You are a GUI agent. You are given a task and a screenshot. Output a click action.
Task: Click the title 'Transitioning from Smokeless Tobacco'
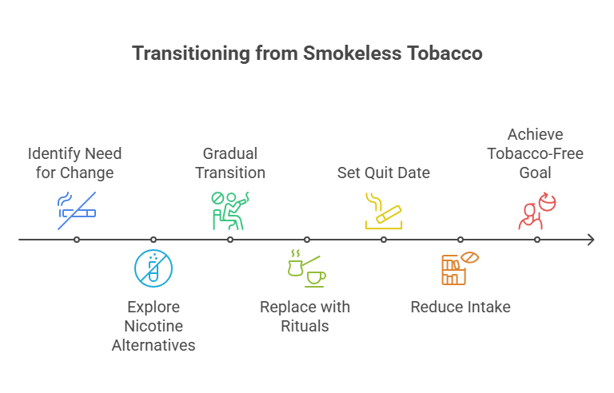[x=307, y=54]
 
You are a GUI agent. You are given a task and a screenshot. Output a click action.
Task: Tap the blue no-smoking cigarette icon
[x=77, y=210]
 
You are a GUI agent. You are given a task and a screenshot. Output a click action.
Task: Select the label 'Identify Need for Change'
[x=75, y=162]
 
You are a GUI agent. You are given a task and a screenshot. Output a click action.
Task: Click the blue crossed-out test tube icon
[x=153, y=268]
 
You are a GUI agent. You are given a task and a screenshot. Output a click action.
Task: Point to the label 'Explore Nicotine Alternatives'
[x=153, y=326]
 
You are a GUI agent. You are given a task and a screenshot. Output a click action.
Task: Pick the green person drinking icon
[x=229, y=210]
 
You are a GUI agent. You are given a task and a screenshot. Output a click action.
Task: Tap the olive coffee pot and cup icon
[x=306, y=269]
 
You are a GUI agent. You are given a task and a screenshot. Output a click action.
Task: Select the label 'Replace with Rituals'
[x=305, y=316]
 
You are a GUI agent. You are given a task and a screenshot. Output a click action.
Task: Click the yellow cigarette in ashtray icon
[x=383, y=211]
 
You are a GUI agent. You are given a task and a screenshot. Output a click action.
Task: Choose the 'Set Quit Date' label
[x=384, y=173]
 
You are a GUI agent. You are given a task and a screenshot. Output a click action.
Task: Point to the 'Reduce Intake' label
[x=460, y=307]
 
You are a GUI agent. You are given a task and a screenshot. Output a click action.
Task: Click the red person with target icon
[x=536, y=211]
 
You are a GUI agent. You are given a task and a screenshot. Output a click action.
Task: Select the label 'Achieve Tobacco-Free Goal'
[x=536, y=153]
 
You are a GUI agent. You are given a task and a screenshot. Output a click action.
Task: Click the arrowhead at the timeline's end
[x=590, y=240]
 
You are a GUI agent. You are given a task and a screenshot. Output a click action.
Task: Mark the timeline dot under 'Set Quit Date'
[x=384, y=240]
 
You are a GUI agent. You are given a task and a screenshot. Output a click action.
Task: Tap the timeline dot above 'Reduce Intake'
[x=460, y=240]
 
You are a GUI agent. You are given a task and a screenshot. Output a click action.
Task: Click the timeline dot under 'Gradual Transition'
[x=230, y=240]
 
